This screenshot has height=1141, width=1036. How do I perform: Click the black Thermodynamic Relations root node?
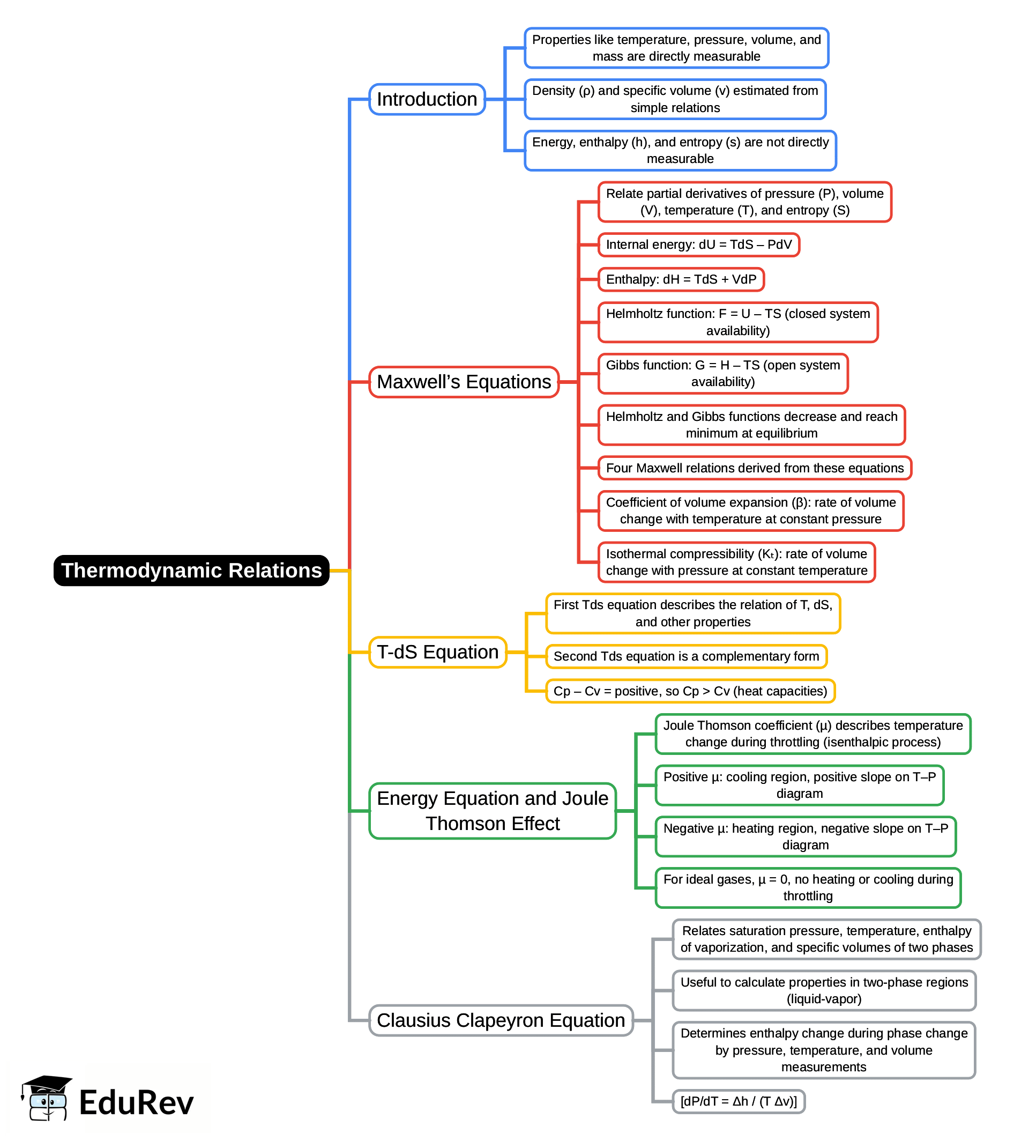[191, 570]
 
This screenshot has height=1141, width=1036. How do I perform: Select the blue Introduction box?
[427, 99]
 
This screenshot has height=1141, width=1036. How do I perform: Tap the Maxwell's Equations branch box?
[464, 382]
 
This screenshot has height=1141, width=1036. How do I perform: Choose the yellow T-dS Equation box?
[437, 652]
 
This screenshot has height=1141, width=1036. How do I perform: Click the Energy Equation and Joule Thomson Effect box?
[492, 811]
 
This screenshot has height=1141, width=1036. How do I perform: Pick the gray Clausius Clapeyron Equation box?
[500, 1020]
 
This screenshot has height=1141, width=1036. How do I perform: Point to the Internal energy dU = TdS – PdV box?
[698, 244]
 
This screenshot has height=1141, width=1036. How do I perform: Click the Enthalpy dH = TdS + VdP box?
[681, 279]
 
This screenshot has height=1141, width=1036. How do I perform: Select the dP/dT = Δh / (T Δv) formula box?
[738, 1101]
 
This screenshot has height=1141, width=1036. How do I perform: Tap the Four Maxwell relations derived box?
[754, 468]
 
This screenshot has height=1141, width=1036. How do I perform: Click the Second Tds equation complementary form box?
[686, 656]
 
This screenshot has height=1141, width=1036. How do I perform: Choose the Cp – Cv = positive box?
[690, 691]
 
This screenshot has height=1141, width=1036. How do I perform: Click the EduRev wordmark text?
[136, 1102]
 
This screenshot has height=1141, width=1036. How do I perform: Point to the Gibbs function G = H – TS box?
[722, 374]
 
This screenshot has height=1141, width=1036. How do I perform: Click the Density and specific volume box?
[674, 99]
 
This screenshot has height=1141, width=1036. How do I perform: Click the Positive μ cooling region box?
[799, 785]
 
